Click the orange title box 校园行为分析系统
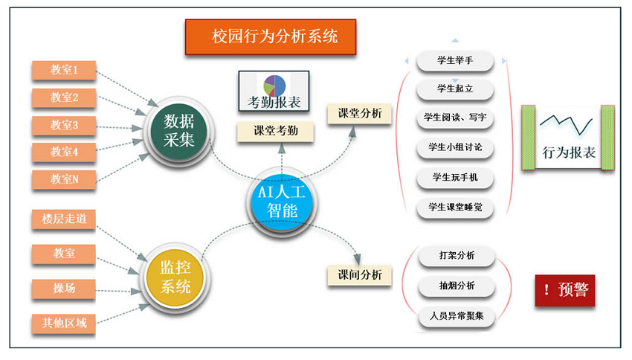[271, 36]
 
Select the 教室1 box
[64, 70]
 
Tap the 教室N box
[64, 179]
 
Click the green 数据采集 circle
[178, 131]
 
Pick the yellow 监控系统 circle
[175, 277]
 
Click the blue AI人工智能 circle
[282, 202]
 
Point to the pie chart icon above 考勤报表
[274, 86]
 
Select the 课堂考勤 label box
[275, 132]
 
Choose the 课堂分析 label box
[360, 114]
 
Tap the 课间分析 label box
[360, 275]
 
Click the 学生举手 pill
[455, 61]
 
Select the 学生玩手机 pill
[455, 178]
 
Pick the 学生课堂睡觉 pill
[455, 208]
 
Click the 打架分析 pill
[457, 256]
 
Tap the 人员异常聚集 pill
[457, 316]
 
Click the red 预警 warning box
[564, 290]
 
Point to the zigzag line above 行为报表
[567, 124]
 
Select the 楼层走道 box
[64, 219]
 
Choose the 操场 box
[64, 289]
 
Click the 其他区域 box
[64, 324]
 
